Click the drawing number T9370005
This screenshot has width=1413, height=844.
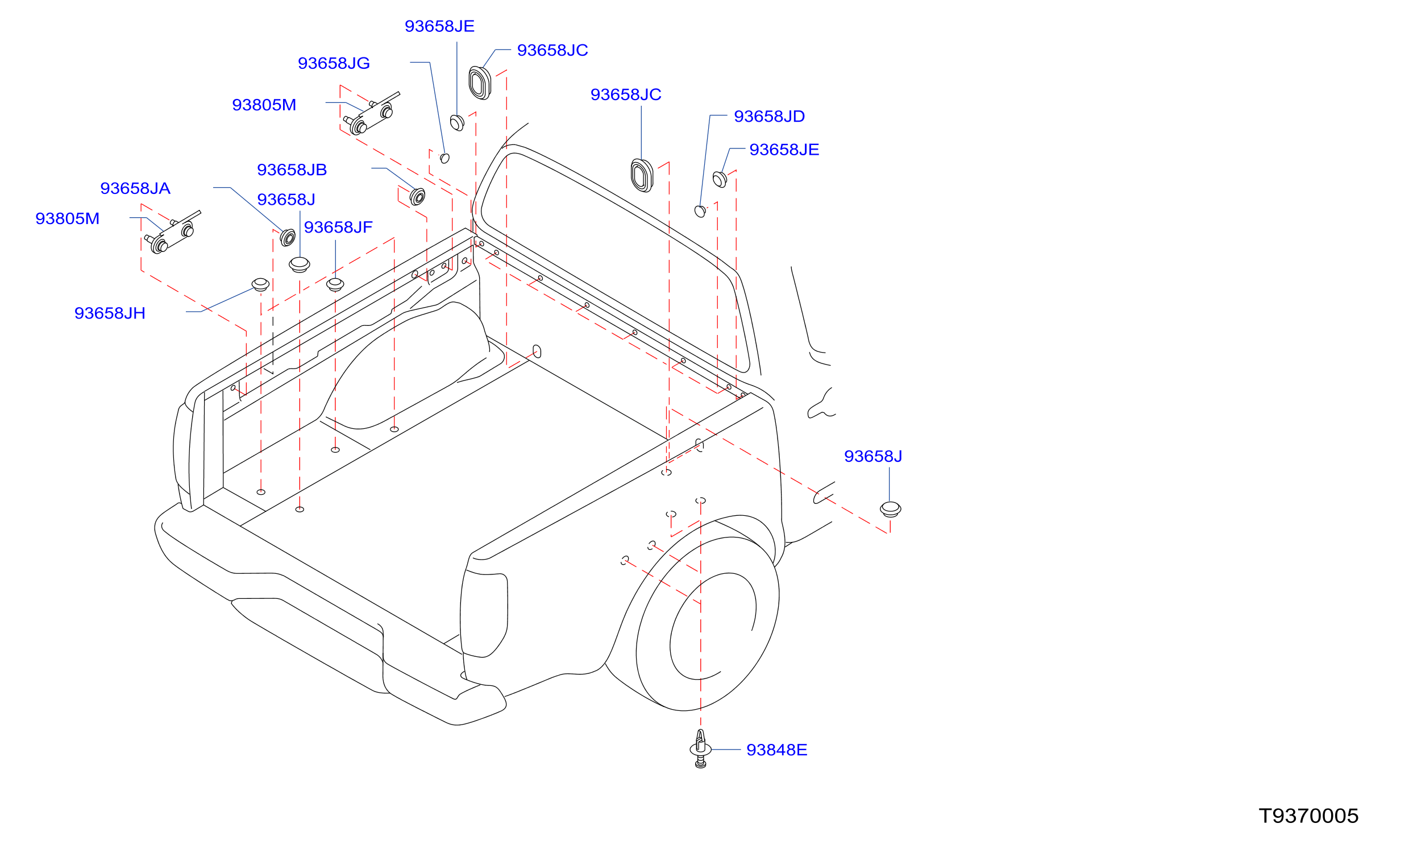1308,816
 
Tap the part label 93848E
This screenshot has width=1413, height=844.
776,750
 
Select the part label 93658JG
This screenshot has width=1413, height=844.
334,63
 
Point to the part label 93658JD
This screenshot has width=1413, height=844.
769,117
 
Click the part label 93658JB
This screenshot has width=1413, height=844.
292,170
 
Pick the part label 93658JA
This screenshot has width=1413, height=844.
135,189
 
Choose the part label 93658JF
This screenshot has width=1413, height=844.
338,227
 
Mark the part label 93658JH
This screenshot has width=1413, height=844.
110,313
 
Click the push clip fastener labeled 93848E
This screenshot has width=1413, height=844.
701,748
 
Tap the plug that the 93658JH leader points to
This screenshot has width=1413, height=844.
260,284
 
